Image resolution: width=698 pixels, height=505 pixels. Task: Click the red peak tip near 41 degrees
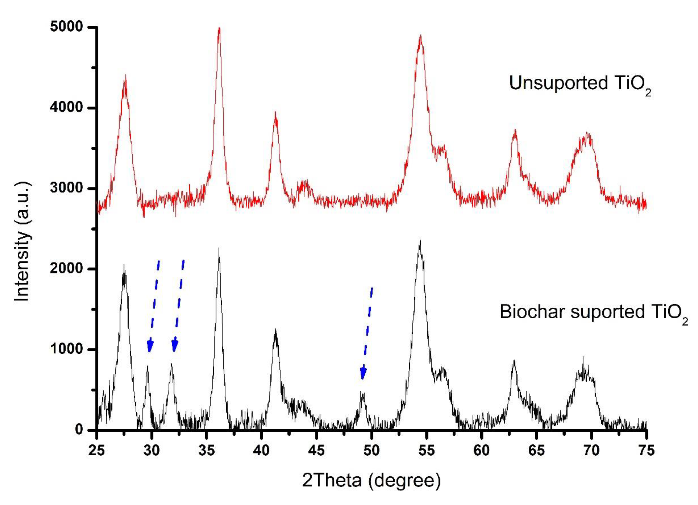point(275,113)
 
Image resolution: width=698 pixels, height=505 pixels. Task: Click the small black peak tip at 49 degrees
point(362,392)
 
